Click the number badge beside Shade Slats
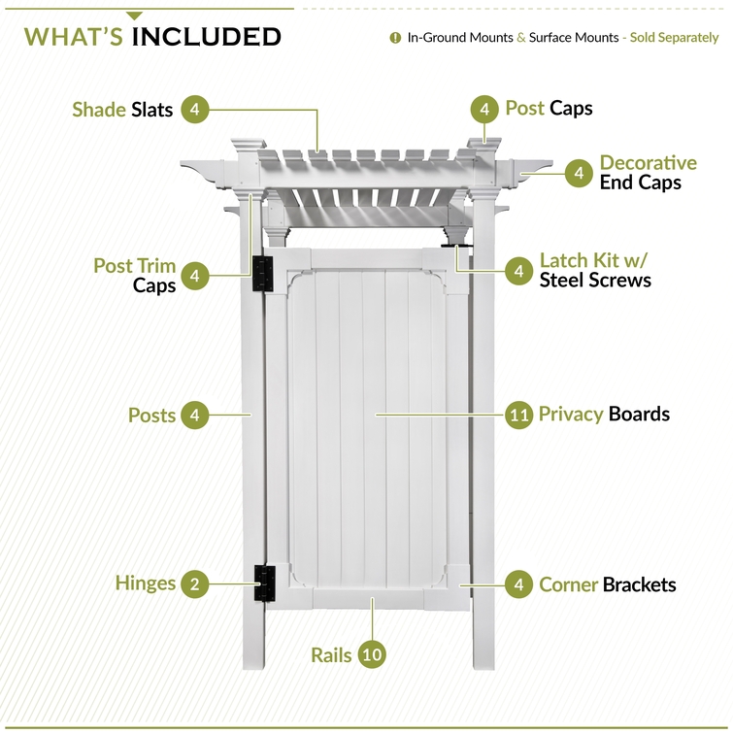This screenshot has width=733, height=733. click(195, 110)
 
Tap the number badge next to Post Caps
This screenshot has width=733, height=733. click(484, 110)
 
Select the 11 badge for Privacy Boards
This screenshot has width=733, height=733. click(518, 415)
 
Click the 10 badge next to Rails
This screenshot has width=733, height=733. click(372, 654)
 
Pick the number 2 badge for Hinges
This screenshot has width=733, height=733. click(195, 583)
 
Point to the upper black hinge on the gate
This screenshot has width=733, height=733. click(263, 274)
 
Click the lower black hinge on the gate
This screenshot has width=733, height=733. click(265, 583)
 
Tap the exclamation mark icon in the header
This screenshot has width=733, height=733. click(395, 38)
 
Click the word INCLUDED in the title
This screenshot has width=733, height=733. click(206, 37)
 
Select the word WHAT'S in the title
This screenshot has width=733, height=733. click(74, 37)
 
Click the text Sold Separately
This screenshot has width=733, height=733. click(674, 38)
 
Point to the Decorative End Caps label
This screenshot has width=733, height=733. click(648, 173)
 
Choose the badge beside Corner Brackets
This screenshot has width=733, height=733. click(518, 584)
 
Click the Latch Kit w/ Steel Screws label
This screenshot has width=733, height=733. click(595, 270)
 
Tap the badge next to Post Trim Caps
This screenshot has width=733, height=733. click(195, 276)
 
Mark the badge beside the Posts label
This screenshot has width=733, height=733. click(195, 415)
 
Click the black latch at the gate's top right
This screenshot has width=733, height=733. click(456, 246)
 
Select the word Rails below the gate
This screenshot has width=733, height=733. click(331, 655)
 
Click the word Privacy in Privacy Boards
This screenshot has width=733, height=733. click(571, 415)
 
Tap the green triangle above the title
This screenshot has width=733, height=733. click(134, 16)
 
